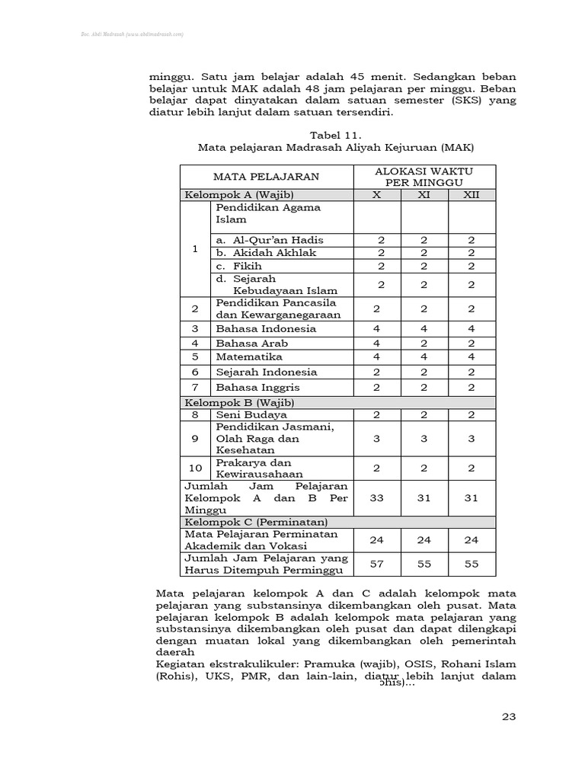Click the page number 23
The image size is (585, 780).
tap(509, 716)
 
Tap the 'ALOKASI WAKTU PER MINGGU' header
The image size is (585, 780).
tap(424, 177)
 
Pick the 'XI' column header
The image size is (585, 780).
tap(424, 195)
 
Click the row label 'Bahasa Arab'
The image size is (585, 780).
tap(251, 344)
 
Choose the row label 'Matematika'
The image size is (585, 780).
tap(248, 356)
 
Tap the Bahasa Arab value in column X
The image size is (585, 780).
tap(376, 344)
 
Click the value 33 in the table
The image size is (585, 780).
tap(376, 497)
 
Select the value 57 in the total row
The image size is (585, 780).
tap(376, 564)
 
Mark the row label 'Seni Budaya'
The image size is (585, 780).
tap(251, 415)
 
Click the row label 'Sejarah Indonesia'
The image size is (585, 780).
tap(266, 372)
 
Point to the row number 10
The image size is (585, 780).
tap(195, 468)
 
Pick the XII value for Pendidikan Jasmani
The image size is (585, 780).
tap(472, 439)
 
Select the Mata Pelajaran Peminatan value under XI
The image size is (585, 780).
tap(424, 539)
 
